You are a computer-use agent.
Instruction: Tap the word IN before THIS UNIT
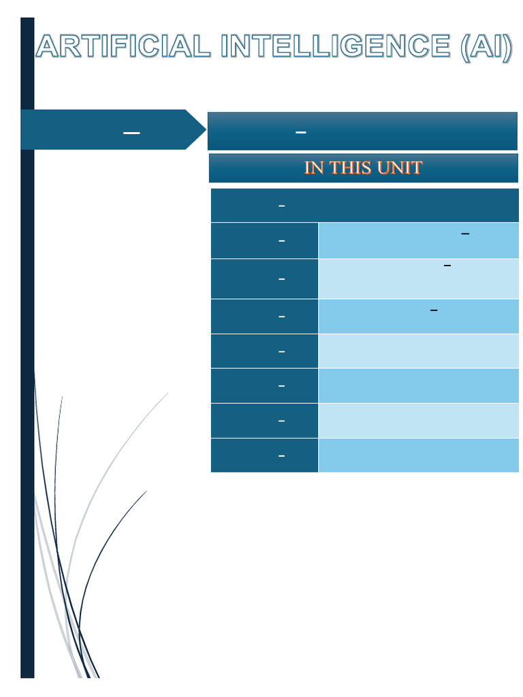(314, 167)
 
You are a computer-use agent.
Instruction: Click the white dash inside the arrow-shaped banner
(131, 133)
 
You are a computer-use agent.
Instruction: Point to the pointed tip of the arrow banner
(204, 129)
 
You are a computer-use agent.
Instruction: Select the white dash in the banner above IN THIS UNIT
(300, 132)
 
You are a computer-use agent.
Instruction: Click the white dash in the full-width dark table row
(281, 206)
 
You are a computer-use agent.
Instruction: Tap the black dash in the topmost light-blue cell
(465, 234)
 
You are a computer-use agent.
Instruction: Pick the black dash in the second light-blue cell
(447, 265)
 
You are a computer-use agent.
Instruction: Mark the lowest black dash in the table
(434, 310)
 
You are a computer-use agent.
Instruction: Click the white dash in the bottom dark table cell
(281, 456)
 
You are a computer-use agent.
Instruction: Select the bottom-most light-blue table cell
(418, 455)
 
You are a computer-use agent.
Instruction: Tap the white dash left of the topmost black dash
(281, 241)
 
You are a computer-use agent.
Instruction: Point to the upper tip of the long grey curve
(168, 393)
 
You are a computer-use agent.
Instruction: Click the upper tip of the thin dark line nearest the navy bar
(62, 397)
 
